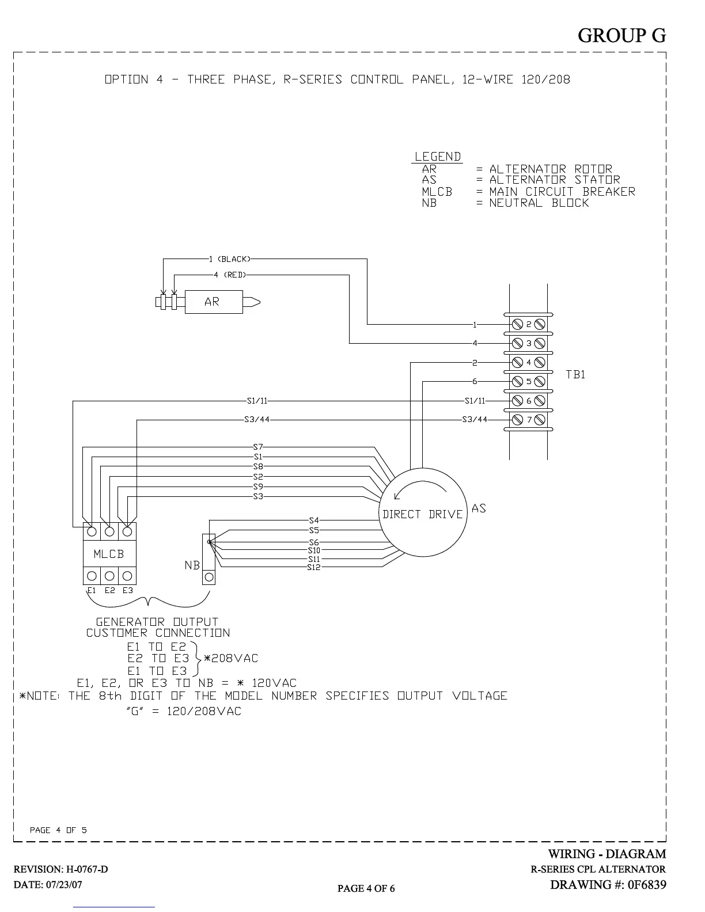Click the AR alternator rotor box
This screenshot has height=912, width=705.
point(213,302)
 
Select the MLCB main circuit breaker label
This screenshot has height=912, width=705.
point(109,554)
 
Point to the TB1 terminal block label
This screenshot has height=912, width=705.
point(575,374)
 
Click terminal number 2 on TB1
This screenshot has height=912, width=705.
point(529,324)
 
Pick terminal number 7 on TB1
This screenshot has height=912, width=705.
point(529,419)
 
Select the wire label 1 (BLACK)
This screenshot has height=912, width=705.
point(230,259)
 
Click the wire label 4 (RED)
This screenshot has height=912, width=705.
point(230,275)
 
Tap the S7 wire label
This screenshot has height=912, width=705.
point(258,447)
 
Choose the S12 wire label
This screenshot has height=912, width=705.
point(313,567)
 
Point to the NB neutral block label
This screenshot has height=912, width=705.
point(192,565)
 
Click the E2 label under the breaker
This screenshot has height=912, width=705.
point(109,590)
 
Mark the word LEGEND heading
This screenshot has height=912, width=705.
point(438,157)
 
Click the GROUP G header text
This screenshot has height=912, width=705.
point(621,35)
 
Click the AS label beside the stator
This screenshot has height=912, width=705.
point(479,508)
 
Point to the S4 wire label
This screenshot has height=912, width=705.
point(314,520)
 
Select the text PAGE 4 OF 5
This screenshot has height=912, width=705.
point(58,830)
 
